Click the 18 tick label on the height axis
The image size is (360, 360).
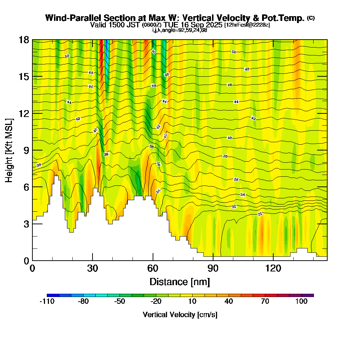click(x=24, y=40)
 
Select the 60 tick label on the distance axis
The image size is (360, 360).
click(x=153, y=269)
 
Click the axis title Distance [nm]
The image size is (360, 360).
click(x=180, y=282)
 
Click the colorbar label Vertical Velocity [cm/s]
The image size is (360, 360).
click(x=180, y=315)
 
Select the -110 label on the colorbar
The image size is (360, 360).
click(x=47, y=302)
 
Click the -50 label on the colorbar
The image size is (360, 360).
click(x=120, y=302)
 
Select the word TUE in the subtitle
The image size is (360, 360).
click(x=171, y=25)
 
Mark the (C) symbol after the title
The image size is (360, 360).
click(x=311, y=18)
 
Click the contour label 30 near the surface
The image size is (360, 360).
click(x=260, y=214)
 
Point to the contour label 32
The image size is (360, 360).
click(x=234, y=207)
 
